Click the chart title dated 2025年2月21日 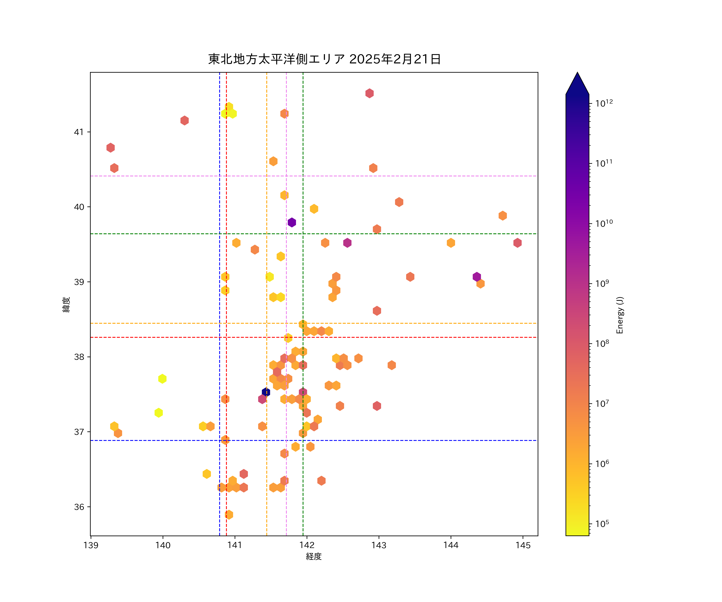324,59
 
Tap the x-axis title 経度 313,556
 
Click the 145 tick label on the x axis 523,545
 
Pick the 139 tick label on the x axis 91,545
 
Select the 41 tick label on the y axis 79,132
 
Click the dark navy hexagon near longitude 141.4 266,392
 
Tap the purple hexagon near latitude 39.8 292,222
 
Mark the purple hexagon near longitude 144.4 477,277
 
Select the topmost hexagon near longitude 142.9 369,93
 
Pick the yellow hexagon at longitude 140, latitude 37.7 162,379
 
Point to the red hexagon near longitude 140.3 184,120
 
